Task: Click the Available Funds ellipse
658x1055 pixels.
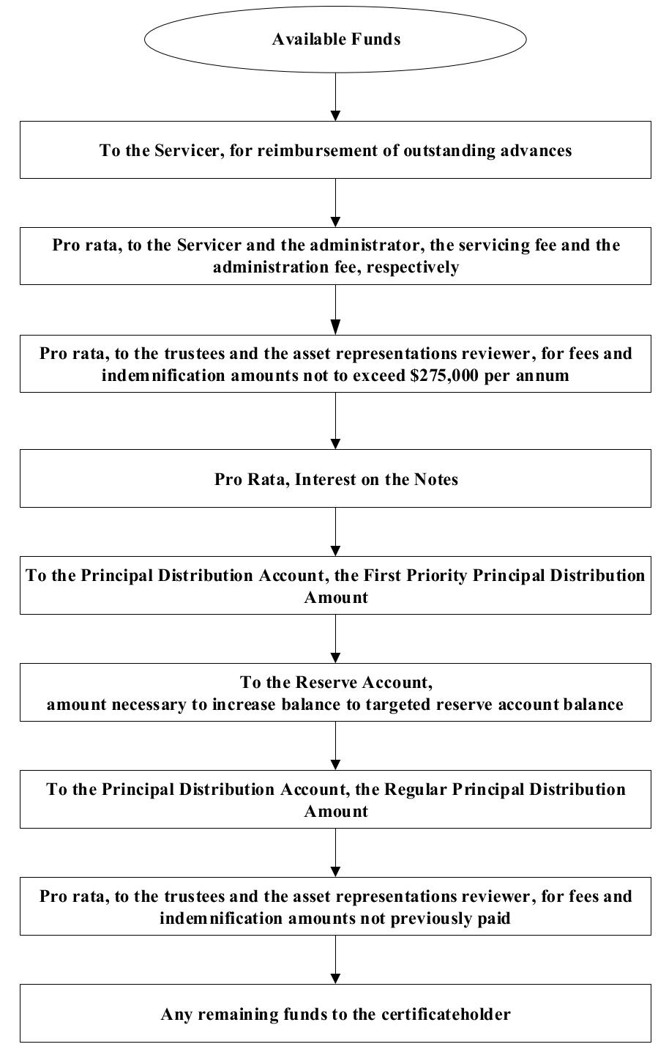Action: click(x=335, y=39)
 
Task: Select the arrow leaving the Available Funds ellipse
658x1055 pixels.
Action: click(x=335, y=97)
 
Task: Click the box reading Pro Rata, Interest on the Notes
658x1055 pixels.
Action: click(x=335, y=478)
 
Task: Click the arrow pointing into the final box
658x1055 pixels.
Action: click(x=335, y=960)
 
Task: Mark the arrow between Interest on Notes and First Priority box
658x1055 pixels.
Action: click(x=335, y=532)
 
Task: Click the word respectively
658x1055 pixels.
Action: click(x=412, y=267)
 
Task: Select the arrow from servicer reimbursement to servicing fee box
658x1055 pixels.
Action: click(x=335, y=203)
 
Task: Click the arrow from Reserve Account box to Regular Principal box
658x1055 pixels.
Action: click(x=335, y=746)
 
